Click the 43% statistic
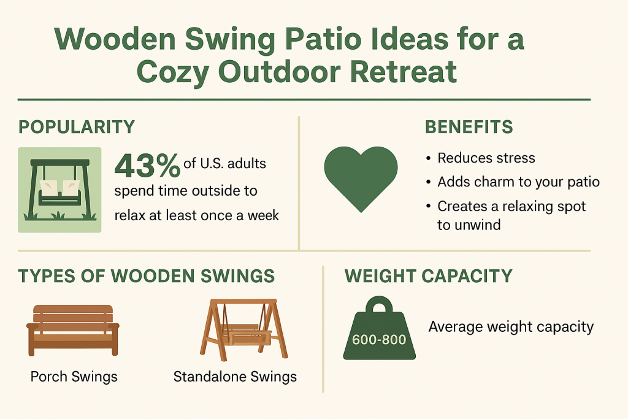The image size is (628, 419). click(x=147, y=166)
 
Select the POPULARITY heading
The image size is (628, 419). click(x=77, y=127)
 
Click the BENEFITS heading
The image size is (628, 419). click(x=469, y=127)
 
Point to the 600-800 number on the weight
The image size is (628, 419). click(x=379, y=340)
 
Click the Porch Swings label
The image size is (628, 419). click(x=74, y=377)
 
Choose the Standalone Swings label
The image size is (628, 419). click(x=235, y=377)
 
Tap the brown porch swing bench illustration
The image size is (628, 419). click(x=73, y=330)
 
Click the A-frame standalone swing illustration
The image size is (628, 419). click(x=243, y=329)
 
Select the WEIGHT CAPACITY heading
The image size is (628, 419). click(x=428, y=276)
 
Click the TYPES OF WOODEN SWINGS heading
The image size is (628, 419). click(x=146, y=276)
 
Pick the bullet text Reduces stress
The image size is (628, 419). click(x=486, y=158)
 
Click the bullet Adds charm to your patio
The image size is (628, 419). click(x=518, y=182)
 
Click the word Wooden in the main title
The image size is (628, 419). click(x=115, y=39)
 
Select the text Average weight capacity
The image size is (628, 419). click(x=511, y=327)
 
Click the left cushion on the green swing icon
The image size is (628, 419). click(x=48, y=188)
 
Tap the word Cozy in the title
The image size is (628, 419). click(x=172, y=73)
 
